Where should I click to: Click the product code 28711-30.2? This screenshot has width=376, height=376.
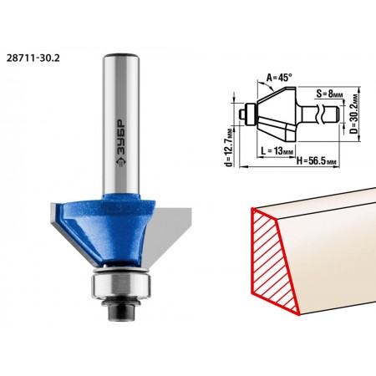click(x=33, y=58)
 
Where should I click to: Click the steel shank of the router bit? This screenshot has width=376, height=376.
click(x=121, y=124)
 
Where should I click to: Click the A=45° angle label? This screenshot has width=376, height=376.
click(x=279, y=77)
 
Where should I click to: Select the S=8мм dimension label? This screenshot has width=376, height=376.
click(x=329, y=94)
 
